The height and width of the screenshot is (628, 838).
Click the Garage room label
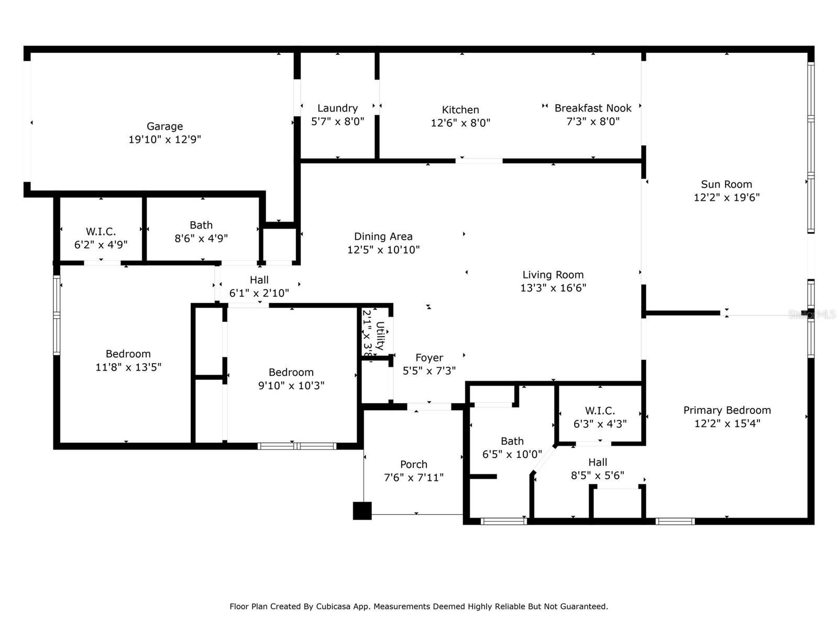click(x=164, y=126)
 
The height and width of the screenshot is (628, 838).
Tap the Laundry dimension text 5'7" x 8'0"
click(x=337, y=121)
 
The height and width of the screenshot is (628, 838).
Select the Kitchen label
click(x=460, y=109)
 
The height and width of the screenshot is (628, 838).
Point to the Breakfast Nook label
click(x=593, y=108)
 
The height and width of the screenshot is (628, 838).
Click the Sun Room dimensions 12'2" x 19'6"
click(x=726, y=197)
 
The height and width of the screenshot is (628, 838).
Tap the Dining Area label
click(x=383, y=237)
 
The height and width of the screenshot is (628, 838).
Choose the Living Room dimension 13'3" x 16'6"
click(x=553, y=288)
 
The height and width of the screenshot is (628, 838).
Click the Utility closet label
click(x=380, y=335)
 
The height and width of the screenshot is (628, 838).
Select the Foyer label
click(x=429, y=357)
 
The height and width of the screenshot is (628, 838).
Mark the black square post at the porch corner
click(x=362, y=511)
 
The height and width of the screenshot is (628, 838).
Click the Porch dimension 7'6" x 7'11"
click(x=414, y=477)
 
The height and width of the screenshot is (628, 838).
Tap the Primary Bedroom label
click(x=726, y=410)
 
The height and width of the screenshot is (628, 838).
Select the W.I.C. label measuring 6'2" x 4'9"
click(x=101, y=231)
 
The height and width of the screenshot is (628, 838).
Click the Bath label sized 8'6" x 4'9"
click(x=201, y=225)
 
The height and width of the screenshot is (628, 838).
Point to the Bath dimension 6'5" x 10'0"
click(x=512, y=454)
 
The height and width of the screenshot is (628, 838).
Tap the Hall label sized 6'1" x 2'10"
click(x=259, y=280)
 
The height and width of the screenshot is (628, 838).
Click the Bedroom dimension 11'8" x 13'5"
click(x=128, y=367)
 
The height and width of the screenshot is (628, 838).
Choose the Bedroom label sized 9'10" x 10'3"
click(x=291, y=372)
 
